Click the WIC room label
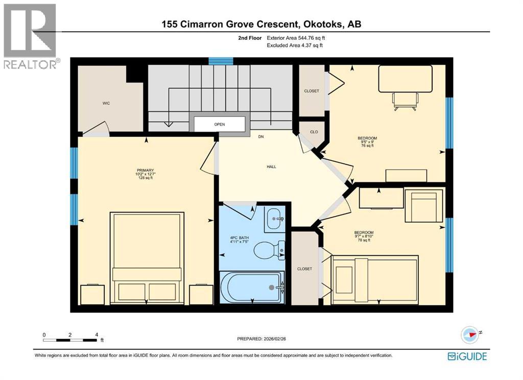106,103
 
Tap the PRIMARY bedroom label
145,171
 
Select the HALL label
257,167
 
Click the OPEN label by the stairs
219,124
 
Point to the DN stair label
261,137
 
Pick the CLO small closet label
314,132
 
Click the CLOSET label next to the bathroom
304,269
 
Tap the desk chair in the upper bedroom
405,100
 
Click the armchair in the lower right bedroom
423,205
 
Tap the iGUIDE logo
467,357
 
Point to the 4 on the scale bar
96,335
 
